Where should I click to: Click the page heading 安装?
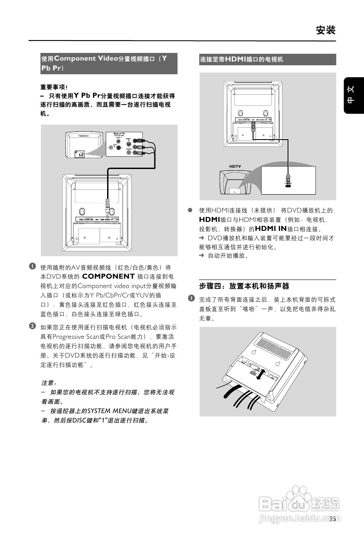click(x=326, y=30)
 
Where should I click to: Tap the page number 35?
click(x=332, y=519)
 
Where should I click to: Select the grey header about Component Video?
click(x=109, y=63)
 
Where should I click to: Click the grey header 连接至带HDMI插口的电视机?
click(x=268, y=59)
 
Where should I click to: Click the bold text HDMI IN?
click(x=271, y=229)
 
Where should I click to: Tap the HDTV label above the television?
click(x=236, y=166)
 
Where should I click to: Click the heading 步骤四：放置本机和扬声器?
click(x=244, y=286)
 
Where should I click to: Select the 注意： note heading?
click(x=49, y=383)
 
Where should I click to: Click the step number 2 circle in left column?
click(x=32, y=326)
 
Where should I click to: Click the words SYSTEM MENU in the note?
click(x=110, y=411)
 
